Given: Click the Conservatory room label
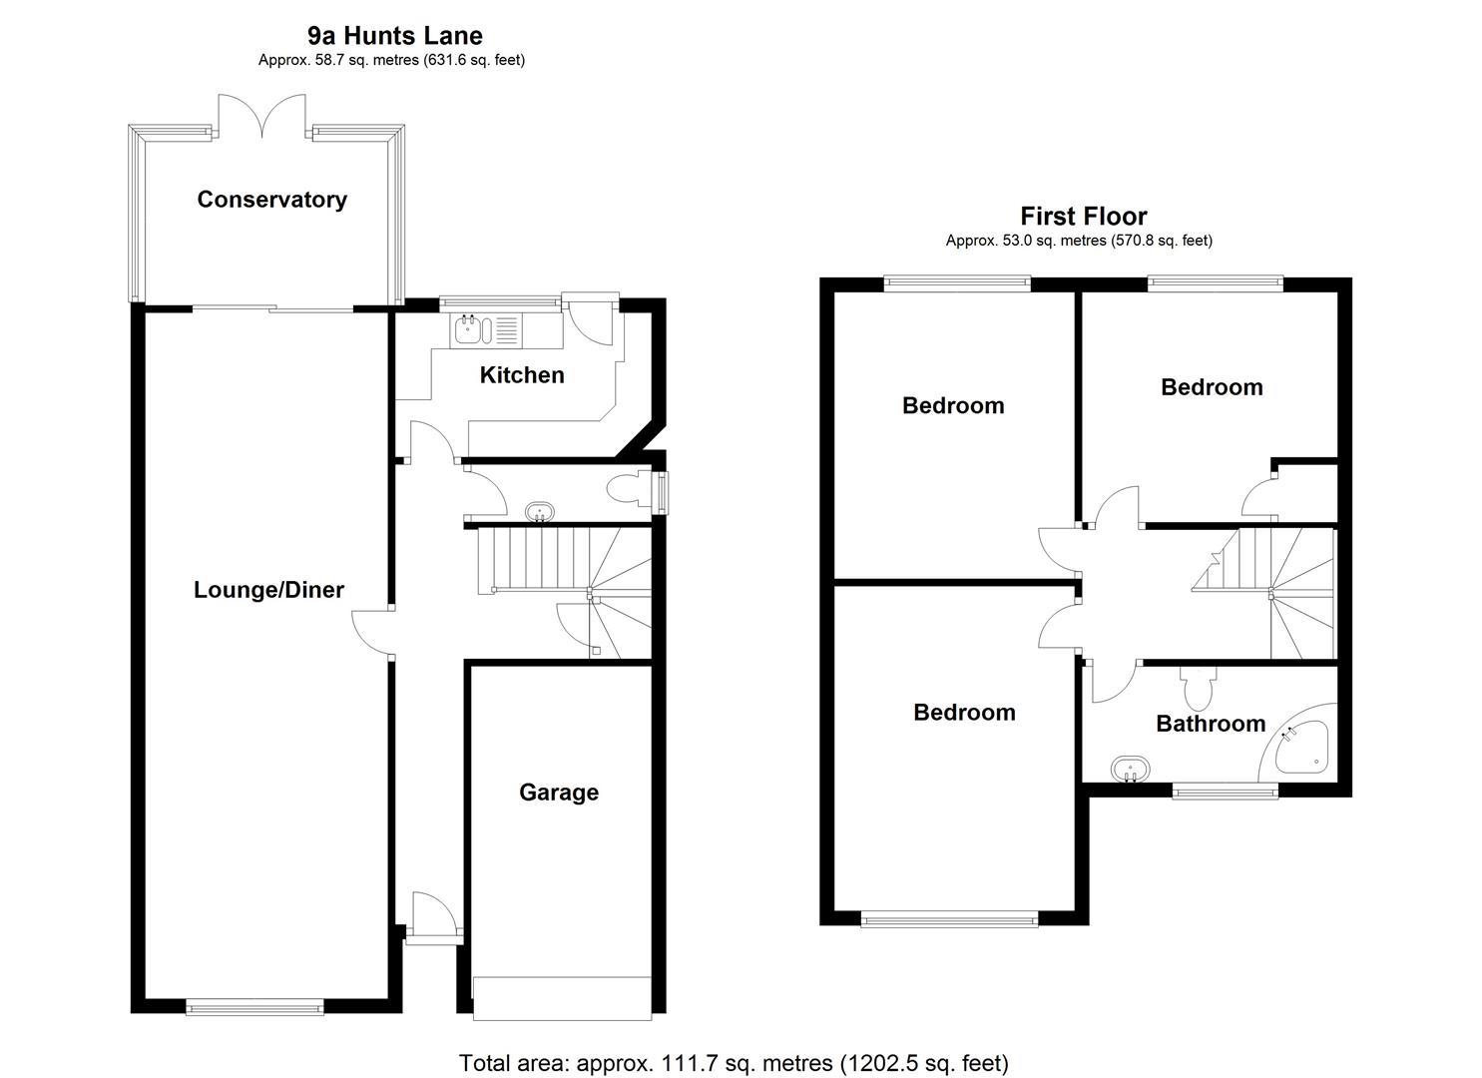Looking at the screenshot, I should click(271, 199).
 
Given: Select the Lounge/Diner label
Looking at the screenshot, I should click(268, 590).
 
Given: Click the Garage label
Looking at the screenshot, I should click(558, 793).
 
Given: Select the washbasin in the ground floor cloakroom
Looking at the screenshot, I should click(540, 512).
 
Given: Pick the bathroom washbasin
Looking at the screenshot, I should click(1130, 770).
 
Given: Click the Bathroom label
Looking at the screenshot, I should click(1210, 724).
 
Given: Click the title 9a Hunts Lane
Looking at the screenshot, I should click(394, 36).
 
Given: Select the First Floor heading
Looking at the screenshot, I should click(1083, 216).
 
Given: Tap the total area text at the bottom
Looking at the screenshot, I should click(734, 1063).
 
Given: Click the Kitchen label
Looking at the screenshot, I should click(521, 375).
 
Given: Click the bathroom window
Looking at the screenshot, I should click(1225, 792).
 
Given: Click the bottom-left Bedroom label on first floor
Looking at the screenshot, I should click(964, 713).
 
